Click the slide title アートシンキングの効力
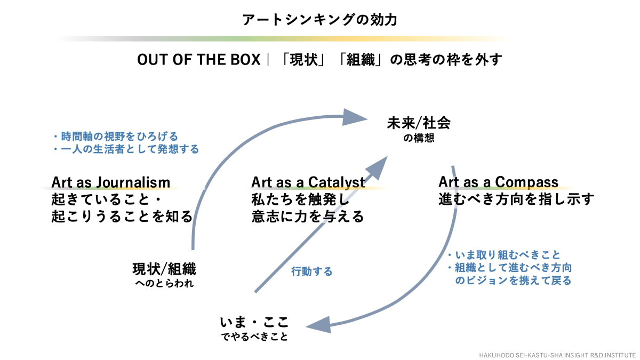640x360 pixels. [319, 20]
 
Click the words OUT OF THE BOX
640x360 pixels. [198, 60]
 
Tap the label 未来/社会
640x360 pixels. [419, 123]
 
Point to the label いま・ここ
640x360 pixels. [254, 322]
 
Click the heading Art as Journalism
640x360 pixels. [111, 182]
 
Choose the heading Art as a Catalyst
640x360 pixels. [308, 182]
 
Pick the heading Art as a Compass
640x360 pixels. [498, 182]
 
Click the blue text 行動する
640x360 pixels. [311, 271]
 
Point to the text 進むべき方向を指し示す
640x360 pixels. [516, 199]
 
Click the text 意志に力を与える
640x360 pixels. [308, 217]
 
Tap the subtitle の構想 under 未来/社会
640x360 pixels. [419, 138]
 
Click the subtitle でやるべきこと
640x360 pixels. [254, 337]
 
